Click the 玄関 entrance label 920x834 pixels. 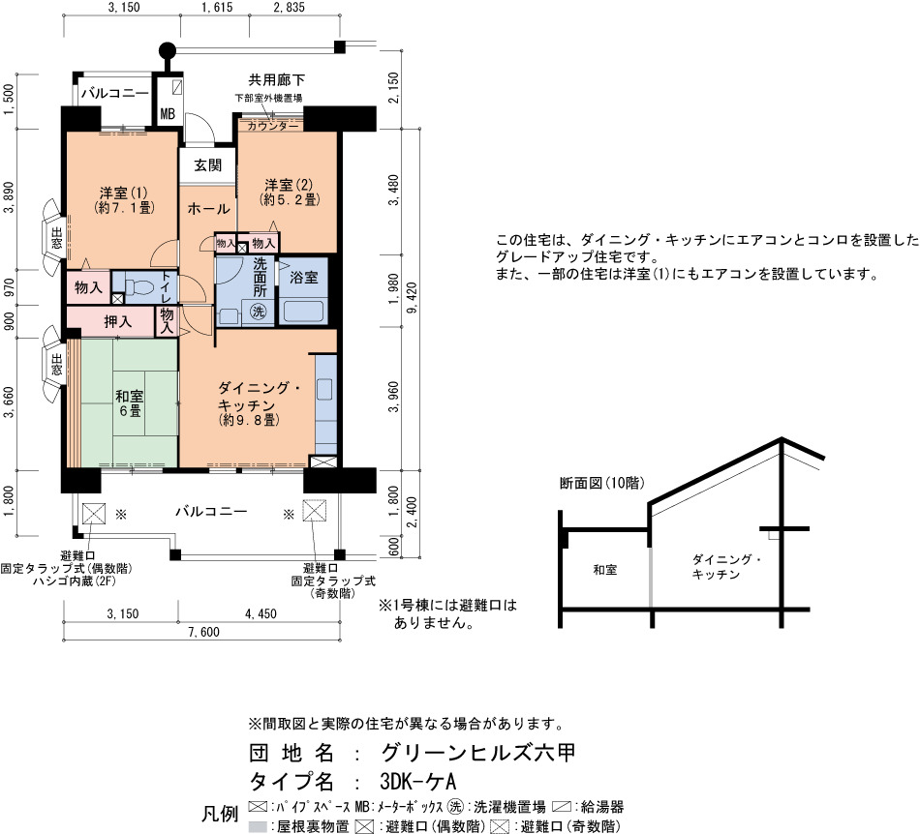pyautogui.click(x=207, y=165)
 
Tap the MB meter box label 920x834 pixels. pyautogui.click(x=168, y=114)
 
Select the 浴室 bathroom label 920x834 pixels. pyautogui.click(x=304, y=278)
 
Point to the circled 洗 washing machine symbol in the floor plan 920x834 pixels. pyautogui.click(x=259, y=312)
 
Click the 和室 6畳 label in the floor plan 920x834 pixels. pyautogui.click(x=130, y=403)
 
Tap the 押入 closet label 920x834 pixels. pyautogui.click(x=118, y=321)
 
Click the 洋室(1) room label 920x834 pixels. pyautogui.click(x=124, y=199)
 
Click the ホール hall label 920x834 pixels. pyautogui.click(x=208, y=208)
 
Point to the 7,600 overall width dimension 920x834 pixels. pyautogui.click(x=203, y=632)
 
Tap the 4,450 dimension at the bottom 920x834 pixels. pyautogui.click(x=261, y=613)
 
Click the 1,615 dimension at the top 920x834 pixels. pyautogui.click(x=217, y=7)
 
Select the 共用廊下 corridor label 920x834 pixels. pyautogui.click(x=276, y=79)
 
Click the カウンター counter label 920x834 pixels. pyautogui.click(x=272, y=126)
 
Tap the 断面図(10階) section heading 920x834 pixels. pyautogui.click(x=602, y=483)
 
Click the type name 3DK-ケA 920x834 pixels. pyautogui.click(x=417, y=781)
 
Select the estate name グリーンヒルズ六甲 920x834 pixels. pyautogui.click(x=477, y=753)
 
